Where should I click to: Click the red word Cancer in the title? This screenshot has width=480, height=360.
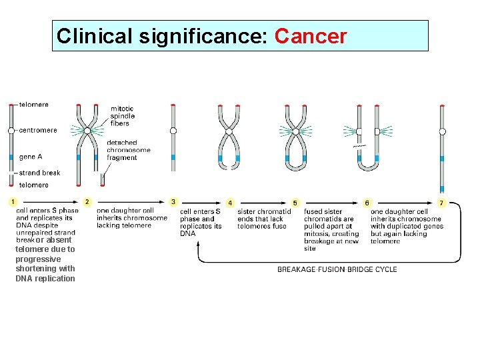[310, 36]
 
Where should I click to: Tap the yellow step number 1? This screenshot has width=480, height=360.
[12, 201]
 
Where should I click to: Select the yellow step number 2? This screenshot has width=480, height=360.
[87, 201]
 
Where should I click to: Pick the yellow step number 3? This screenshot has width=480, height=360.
[173, 201]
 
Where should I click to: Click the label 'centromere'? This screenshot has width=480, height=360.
[38, 131]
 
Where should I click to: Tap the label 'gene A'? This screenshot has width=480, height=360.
[31, 157]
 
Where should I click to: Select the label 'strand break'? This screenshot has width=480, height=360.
[39, 173]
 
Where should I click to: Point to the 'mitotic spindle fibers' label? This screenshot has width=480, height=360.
[122, 115]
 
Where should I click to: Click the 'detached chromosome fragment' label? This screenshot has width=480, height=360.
[128, 150]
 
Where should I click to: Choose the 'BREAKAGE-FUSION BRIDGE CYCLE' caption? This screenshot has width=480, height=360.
[337, 269]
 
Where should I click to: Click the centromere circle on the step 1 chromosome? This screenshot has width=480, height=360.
[11, 131]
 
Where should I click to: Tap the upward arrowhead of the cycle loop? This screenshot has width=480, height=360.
[199, 244]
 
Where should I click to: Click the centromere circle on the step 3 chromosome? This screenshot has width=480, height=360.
[173, 131]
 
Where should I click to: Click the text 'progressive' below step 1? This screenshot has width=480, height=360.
[38, 259]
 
